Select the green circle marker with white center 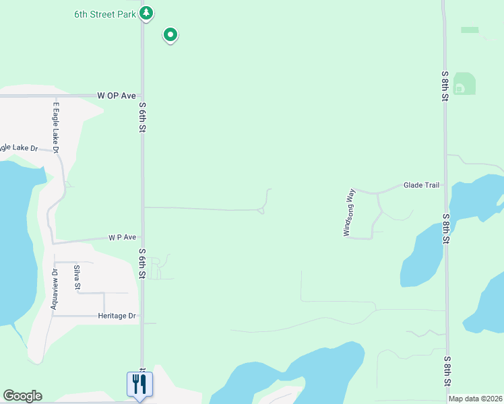[x=170, y=34]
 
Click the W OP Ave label [x=117, y=96]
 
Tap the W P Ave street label [x=123, y=238]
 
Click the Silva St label [x=77, y=278]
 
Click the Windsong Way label [x=349, y=212]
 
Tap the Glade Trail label [x=421, y=185]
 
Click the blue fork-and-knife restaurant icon [x=140, y=384]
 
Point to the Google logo [x=22, y=396]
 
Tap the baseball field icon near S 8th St [x=460, y=88]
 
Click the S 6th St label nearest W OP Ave [x=143, y=118]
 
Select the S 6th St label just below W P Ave [x=143, y=263]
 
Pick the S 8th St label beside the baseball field [x=445, y=86]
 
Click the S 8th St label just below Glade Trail [x=445, y=229]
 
